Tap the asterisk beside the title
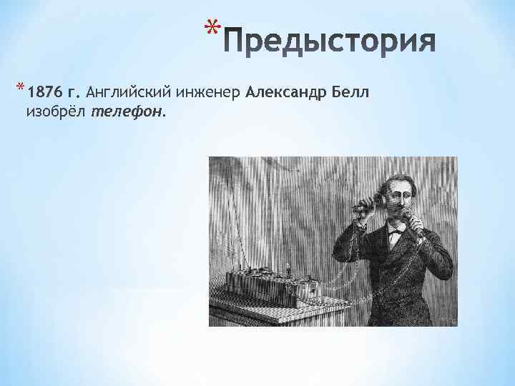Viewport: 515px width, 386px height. click(209, 29)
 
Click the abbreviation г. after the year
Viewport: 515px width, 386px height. click(74, 92)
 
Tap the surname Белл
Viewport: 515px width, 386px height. click(350, 92)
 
